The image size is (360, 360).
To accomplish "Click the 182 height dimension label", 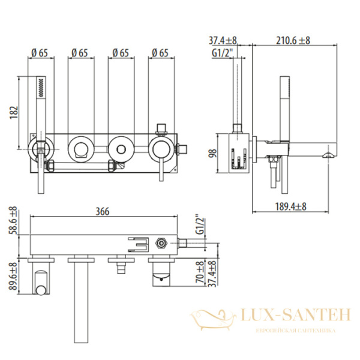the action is [x=14, y=112].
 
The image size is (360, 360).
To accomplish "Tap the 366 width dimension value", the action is [x=103, y=211].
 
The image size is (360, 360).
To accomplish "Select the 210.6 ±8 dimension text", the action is [x=293, y=41].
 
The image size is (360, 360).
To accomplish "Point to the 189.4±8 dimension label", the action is [x=290, y=206].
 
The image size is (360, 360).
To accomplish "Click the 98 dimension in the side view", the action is [x=213, y=154].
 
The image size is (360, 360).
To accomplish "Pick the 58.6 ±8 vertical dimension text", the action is [x=13, y=220].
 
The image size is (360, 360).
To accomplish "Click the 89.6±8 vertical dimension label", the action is [x=13, y=276].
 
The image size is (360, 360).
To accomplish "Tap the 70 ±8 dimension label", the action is [x=200, y=274].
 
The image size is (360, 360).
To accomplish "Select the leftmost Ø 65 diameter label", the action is [x=40, y=53].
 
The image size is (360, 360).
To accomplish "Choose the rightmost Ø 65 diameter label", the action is [x=160, y=53].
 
